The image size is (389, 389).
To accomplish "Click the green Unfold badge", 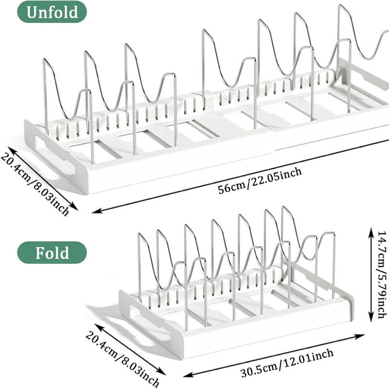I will (x=52, y=12).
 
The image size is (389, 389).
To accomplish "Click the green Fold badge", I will (x=52, y=253).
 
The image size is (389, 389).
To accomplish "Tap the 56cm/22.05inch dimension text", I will (x=260, y=180).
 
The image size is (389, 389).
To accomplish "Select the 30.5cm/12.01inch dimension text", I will (x=287, y=364).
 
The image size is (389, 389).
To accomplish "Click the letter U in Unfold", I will (x=33, y=12).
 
